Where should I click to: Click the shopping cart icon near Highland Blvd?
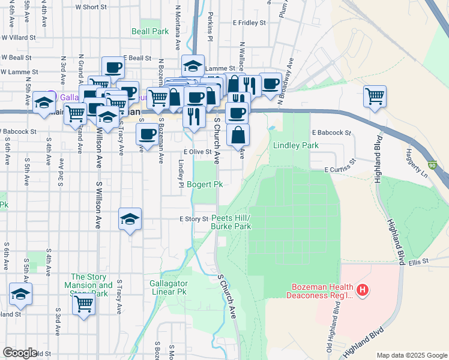[375, 96]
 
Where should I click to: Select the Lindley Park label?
[295, 145]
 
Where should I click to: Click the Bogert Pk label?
[205, 184]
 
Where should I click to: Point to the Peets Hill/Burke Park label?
[231, 222]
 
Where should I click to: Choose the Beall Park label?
[146, 31]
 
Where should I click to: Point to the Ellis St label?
[419, 262]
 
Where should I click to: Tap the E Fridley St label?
[249, 23]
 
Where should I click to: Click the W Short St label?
[91, 7]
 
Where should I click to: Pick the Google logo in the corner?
[20, 353]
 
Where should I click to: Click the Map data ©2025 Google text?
[411, 355]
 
